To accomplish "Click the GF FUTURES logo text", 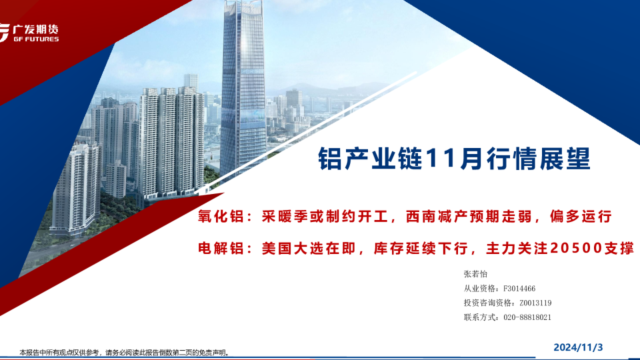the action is [36, 39].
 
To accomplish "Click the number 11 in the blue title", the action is [440, 159].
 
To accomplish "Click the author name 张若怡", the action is [475, 274].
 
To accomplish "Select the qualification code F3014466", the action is [519, 289].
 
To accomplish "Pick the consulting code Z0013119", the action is [535, 303].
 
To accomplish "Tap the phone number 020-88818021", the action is [527, 317].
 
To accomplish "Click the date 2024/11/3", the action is [578, 347].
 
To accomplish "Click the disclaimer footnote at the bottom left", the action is [124, 352].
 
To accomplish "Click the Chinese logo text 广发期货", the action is [36, 29].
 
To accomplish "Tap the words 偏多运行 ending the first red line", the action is [581, 216].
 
